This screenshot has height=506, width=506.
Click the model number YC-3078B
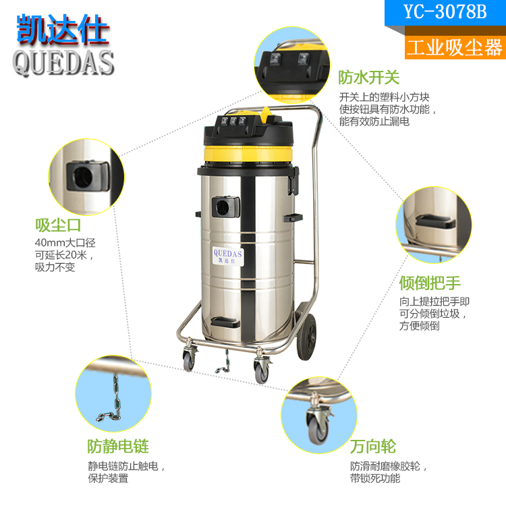[445, 12]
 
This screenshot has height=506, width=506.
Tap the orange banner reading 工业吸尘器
[455, 47]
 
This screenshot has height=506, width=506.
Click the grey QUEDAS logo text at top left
[63, 63]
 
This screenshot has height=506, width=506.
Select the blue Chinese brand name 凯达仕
[62, 29]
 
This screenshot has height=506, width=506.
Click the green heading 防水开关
[369, 78]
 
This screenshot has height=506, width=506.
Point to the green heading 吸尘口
[58, 225]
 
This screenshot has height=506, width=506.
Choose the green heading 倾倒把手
[430, 283]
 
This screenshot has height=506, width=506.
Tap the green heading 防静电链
[118, 447]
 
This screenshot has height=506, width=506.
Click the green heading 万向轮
[373, 447]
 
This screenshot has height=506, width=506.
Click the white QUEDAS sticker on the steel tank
[228, 256]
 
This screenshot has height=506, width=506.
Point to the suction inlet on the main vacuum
[225, 206]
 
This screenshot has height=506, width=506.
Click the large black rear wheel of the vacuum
[306, 337]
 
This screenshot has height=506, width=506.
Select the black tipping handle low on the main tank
[225, 322]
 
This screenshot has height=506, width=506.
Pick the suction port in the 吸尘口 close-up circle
[88, 176]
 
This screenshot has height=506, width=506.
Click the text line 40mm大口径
[65, 243]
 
